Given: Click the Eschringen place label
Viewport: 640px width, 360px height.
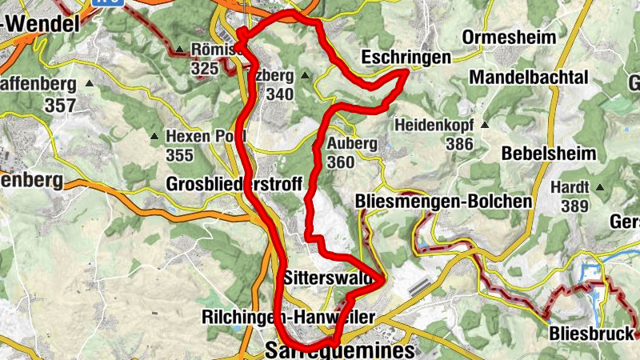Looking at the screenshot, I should point(406,57).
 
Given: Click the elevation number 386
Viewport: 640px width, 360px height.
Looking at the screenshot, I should point(460,144).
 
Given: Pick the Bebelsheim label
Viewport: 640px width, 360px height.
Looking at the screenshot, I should point(549,153).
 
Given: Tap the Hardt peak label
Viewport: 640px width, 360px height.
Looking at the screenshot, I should point(569,188).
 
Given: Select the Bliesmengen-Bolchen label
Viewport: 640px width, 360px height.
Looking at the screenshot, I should point(442,201).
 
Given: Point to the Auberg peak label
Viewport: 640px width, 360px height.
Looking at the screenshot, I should point(352,144).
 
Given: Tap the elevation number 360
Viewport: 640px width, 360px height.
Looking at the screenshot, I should point(341,162).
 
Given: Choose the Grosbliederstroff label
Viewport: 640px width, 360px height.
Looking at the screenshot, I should point(234,184).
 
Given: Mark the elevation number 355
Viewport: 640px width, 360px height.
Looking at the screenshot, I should point(180,154).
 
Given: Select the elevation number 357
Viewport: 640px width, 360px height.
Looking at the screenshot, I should point(61,105).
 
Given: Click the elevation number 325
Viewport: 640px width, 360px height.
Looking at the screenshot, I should point(206,69).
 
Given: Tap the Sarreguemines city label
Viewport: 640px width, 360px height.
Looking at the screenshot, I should point(340,350).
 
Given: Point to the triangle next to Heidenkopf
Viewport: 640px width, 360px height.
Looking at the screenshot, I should point(484,126).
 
